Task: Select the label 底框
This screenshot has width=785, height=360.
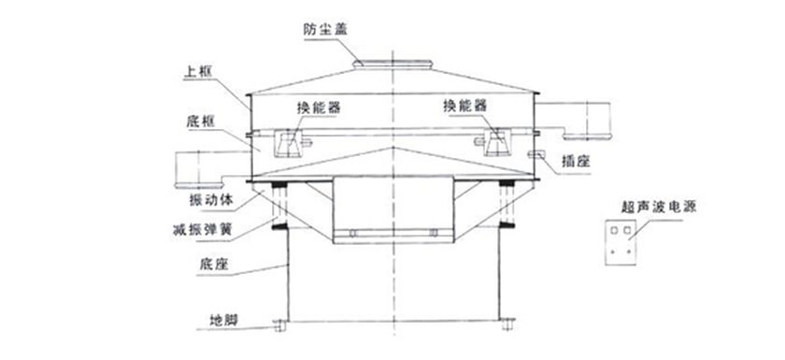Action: [201, 123]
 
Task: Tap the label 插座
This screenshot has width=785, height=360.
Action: [574, 160]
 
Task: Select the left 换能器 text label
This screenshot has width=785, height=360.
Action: [319, 108]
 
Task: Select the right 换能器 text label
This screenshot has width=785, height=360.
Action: [464, 107]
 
